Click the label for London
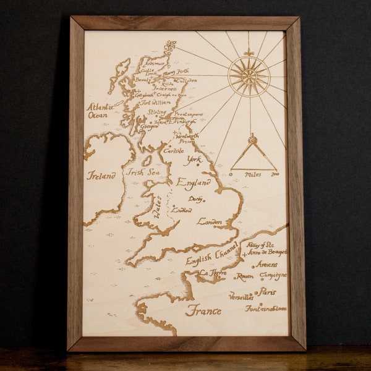(x=209, y=221)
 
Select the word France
(x=203, y=310)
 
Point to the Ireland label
(x=101, y=176)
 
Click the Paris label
(x=267, y=291)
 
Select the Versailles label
(x=241, y=296)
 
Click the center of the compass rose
(x=249, y=75)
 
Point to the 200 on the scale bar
(x=275, y=175)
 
